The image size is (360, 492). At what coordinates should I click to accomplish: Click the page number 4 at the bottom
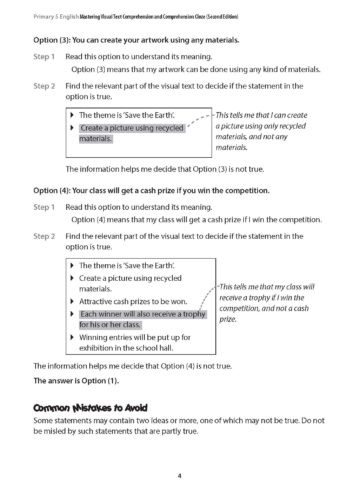click(179, 474)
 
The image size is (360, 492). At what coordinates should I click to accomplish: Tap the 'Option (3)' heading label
click(55, 38)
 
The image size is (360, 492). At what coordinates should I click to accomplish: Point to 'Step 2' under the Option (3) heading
click(44, 86)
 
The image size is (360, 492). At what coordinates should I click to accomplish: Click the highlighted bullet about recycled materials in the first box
click(117, 134)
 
